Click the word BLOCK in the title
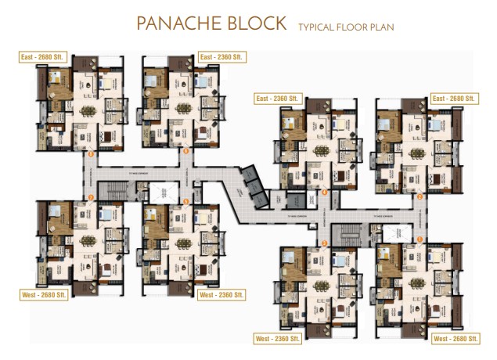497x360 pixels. tap(253, 23)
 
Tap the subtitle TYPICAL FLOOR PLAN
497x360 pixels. tap(345, 27)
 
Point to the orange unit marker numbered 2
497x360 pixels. tap(420, 196)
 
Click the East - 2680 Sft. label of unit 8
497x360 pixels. tap(43, 57)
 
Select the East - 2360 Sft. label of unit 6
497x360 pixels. tap(221, 57)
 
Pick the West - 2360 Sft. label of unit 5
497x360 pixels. tap(221, 295)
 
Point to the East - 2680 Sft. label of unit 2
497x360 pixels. tap(454, 99)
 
